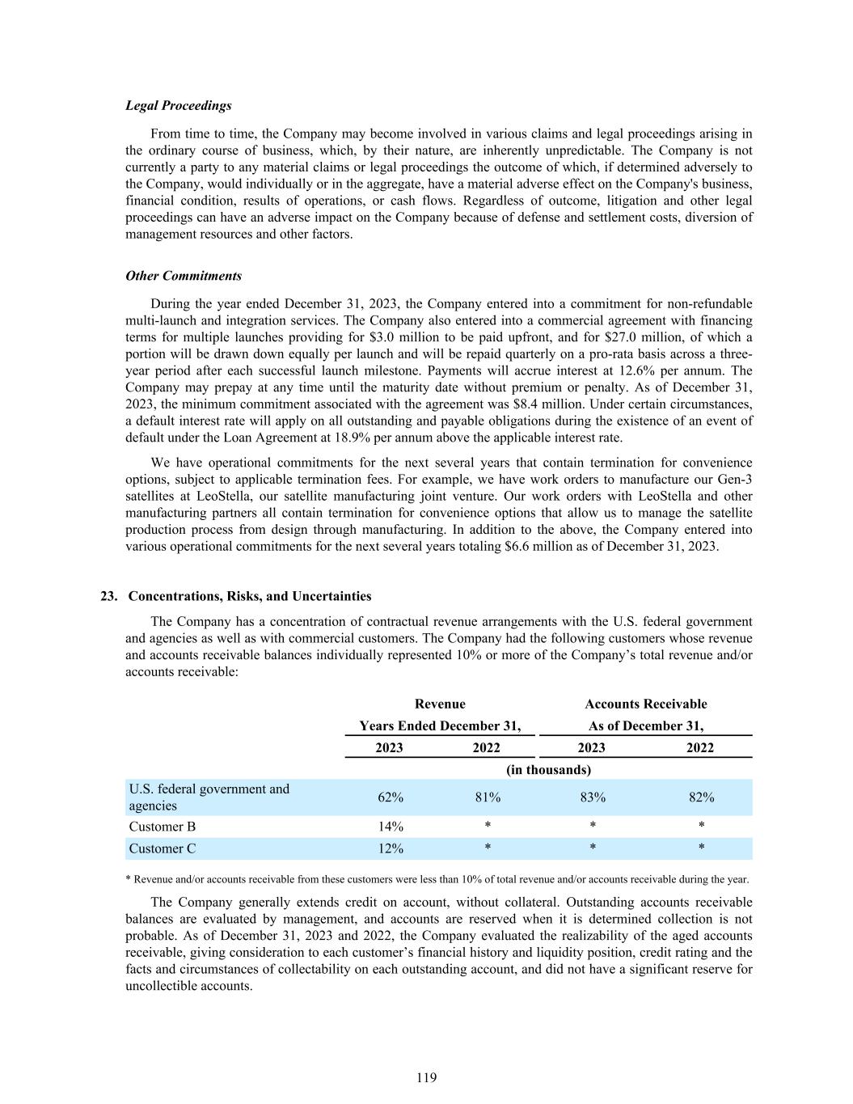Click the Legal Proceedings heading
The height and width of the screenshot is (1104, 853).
[x=178, y=105]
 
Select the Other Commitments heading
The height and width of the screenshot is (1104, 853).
[x=184, y=276]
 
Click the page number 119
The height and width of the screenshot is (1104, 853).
[x=426, y=1077]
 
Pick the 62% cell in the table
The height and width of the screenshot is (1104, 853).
[x=391, y=797]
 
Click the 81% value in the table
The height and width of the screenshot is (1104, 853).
[x=488, y=797]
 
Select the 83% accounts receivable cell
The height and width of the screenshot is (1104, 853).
[x=593, y=797]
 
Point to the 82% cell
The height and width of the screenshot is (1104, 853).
[x=701, y=797]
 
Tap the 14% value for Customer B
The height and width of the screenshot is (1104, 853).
[x=391, y=827]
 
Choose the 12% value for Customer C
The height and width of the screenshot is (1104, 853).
[x=391, y=848]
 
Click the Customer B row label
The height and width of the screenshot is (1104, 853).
[x=163, y=827]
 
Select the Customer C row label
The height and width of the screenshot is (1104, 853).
[x=163, y=848]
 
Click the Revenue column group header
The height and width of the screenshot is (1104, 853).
[x=440, y=704]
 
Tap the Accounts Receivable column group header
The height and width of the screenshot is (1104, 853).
[x=645, y=704]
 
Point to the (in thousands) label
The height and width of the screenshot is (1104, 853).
[x=548, y=770]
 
